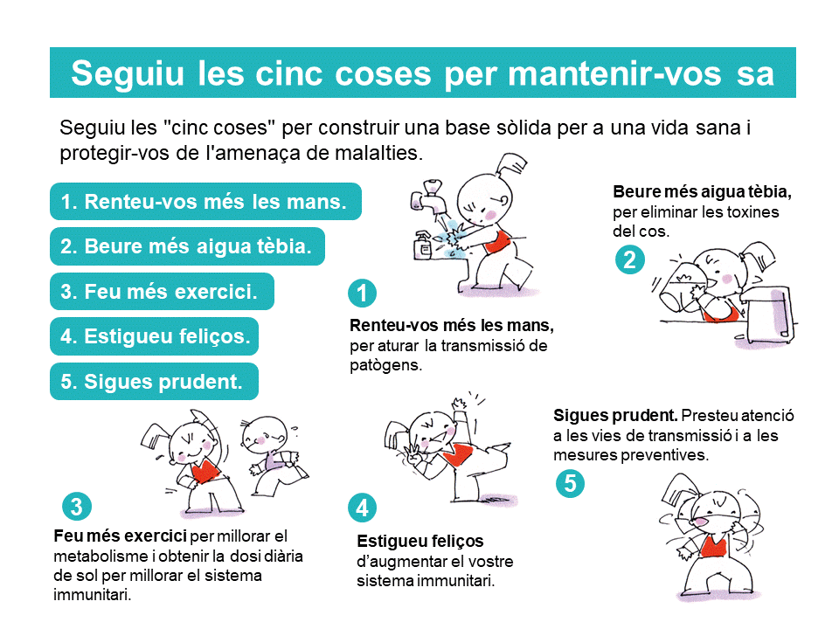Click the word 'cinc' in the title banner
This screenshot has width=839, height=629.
pyautogui.click(x=289, y=73)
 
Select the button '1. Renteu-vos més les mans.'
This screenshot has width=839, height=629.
pyautogui.click(x=205, y=202)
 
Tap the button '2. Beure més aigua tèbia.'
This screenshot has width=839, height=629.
pyautogui.click(x=187, y=246)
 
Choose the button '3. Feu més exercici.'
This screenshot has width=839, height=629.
pyautogui.click(x=162, y=292)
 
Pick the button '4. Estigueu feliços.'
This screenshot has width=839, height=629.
pyautogui.click(x=154, y=336)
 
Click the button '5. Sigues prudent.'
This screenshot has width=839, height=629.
pyautogui.click(x=154, y=382)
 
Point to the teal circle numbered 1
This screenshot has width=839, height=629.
pyautogui.click(x=362, y=294)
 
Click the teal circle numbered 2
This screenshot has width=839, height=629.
pyautogui.click(x=630, y=260)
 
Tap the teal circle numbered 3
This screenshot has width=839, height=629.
pyautogui.click(x=77, y=507)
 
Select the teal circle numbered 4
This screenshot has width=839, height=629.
pyautogui.click(x=362, y=508)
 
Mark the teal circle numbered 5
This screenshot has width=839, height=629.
pyautogui.click(x=570, y=483)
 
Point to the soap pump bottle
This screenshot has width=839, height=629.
pyautogui.click(x=423, y=245)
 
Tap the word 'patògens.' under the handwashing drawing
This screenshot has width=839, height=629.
pyautogui.click(x=385, y=366)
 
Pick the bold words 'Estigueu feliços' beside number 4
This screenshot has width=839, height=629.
pyautogui.click(x=420, y=542)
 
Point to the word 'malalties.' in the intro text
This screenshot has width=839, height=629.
pyautogui.click(x=378, y=153)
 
